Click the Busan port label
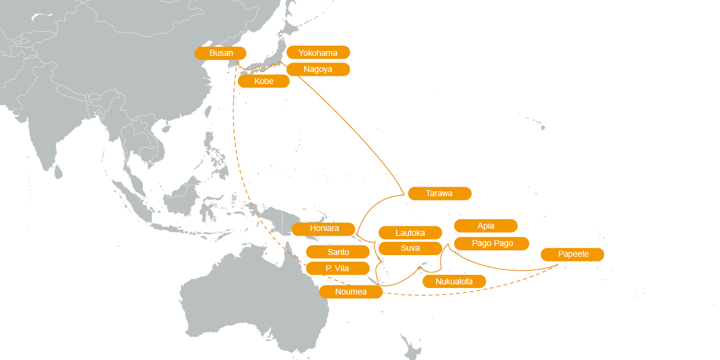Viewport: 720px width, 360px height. click(220, 53)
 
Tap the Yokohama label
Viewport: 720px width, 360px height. click(318, 53)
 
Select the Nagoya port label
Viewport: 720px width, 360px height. click(318, 69)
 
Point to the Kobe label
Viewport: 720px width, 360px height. click(263, 82)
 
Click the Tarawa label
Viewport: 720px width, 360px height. click(439, 193)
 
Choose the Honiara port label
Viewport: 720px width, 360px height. click(324, 229)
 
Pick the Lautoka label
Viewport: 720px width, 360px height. click(410, 233)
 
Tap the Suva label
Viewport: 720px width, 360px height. click(410, 248)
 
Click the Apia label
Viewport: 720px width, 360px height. click(485, 226)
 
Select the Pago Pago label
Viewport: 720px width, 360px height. click(492, 243)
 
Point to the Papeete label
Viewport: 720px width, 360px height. click(572, 254)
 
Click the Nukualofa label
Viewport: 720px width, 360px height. click(454, 281)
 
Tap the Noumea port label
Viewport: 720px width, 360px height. click(350, 292)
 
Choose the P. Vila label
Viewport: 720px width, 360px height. click(337, 268)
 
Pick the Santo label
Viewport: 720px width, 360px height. click(337, 252)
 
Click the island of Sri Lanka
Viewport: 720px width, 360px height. click(58, 172)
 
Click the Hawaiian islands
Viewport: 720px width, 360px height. click(540, 127)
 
